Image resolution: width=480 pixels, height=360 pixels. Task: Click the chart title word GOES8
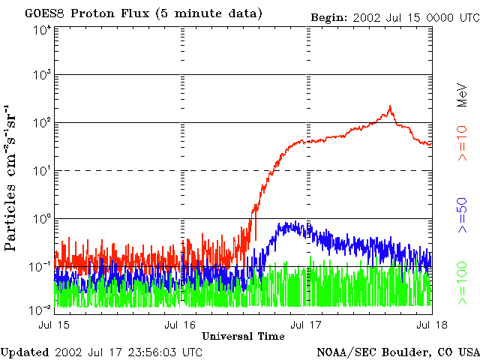45,13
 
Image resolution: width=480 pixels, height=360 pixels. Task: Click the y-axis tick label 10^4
42,31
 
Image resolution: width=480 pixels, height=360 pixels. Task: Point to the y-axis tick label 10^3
42,74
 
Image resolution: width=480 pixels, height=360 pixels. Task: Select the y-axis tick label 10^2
42,122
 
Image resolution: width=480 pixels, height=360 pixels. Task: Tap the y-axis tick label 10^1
42,170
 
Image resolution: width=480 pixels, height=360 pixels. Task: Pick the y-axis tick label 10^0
42,218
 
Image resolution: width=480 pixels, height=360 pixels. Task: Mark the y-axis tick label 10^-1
40,267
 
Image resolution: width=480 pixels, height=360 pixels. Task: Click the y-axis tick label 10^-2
40,310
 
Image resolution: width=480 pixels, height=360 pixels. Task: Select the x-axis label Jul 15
54,325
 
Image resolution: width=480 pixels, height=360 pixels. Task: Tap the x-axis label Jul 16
180,325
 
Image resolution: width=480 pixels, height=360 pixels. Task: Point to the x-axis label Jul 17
306,325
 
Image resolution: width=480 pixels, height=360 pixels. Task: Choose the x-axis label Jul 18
432,325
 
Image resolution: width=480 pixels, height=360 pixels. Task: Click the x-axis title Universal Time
243,337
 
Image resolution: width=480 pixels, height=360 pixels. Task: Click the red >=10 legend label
462,143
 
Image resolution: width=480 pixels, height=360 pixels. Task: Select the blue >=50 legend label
462,215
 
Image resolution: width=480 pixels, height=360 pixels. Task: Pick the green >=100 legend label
462,283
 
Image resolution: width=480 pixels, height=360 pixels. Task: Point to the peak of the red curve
390,106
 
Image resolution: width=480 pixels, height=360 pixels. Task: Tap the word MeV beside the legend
462,95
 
